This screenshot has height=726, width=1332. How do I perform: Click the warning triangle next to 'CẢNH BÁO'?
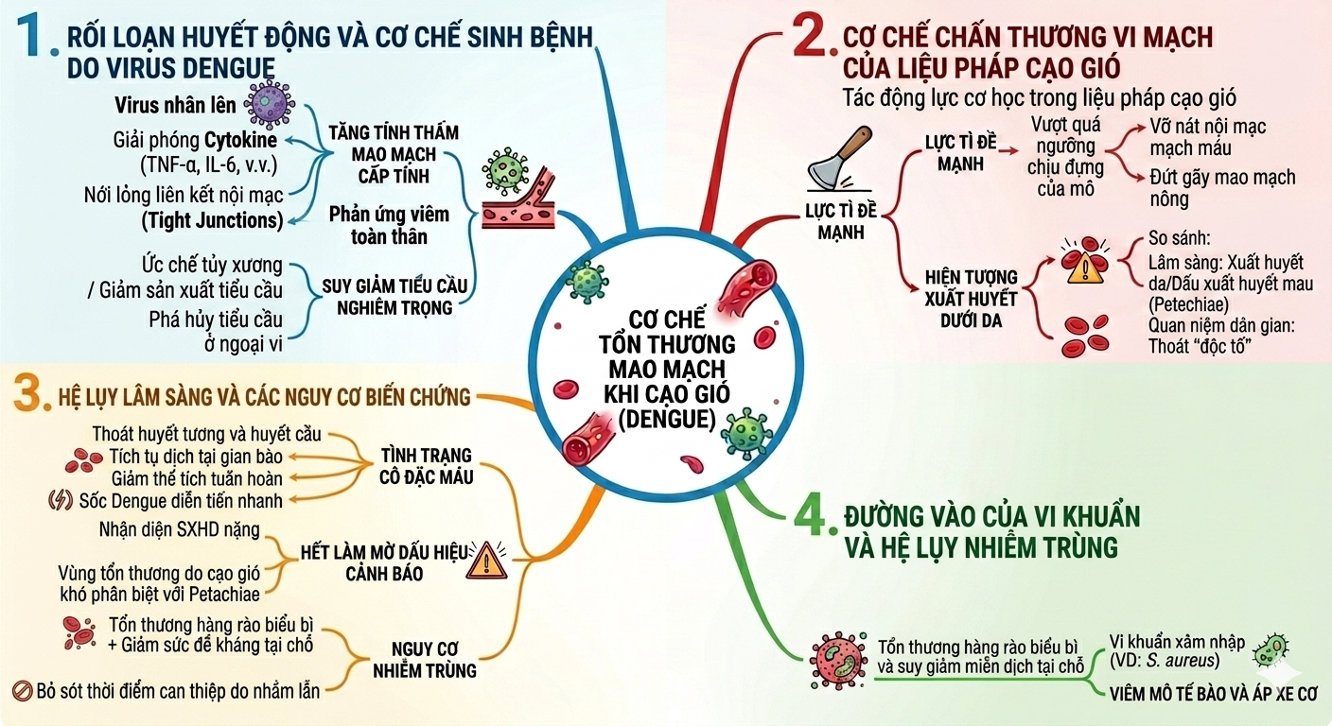(487, 560)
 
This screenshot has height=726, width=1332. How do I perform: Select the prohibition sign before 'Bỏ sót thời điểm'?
(22, 691)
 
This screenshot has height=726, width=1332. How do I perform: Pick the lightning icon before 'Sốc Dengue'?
(60, 500)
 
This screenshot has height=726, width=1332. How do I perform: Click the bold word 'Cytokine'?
(241, 140)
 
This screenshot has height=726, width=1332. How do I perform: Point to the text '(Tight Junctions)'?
(212, 220)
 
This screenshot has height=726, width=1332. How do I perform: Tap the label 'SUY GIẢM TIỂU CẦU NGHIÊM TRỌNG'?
(394, 297)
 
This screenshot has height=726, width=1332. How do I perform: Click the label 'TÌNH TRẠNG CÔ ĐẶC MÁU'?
(427, 466)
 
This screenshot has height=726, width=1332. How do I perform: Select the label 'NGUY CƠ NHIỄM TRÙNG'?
(425, 660)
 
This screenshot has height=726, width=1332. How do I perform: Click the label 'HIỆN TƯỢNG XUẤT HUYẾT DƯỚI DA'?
(971, 299)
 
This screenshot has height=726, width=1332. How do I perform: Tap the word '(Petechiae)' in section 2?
(1188, 304)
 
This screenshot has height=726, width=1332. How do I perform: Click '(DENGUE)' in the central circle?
(667, 419)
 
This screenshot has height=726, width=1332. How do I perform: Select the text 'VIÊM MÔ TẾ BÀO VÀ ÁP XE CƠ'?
(1213, 693)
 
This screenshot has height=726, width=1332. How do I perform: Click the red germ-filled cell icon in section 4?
(838, 660)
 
